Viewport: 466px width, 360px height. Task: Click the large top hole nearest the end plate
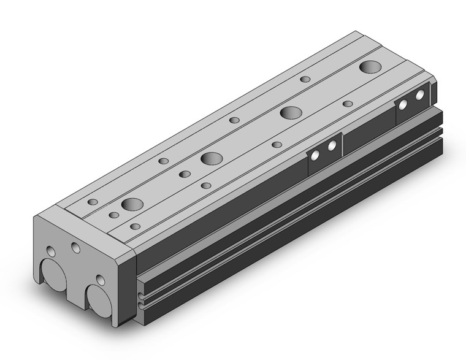pyautogui.click(x=132, y=204)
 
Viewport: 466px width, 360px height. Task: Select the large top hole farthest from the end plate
pyautogui.click(x=370, y=67)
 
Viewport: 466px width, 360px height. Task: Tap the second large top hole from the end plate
pyautogui.click(x=212, y=158)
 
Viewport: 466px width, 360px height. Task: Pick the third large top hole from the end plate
pyautogui.click(x=291, y=112)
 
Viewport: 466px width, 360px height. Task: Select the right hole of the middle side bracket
pyautogui.click(x=332, y=147)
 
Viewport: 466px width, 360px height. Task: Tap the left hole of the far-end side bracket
pyautogui.click(x=403, y=105)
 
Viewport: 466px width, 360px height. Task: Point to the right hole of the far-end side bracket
pyautogui.click(x=420, y=96)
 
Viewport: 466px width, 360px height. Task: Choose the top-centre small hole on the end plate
pyautogui.click(x=75, y=247)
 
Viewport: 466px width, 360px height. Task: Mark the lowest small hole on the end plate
pyautogui.click(x=101, y=281)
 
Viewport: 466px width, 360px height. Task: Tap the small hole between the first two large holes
pyautogui.click(x=185, y=174)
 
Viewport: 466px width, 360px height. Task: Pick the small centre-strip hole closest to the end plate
pyautogui.click(x=114, y=215)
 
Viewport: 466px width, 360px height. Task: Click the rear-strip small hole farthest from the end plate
pyautogui.click(x=305, y=79)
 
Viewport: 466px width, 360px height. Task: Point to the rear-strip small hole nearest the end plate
pyautogui.click(x=93, y=202)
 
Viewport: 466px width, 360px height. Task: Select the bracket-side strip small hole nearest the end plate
pyautogui.click(x=135, y=226)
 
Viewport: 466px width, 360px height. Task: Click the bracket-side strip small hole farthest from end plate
pyautogui.click(x=348, y=104)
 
